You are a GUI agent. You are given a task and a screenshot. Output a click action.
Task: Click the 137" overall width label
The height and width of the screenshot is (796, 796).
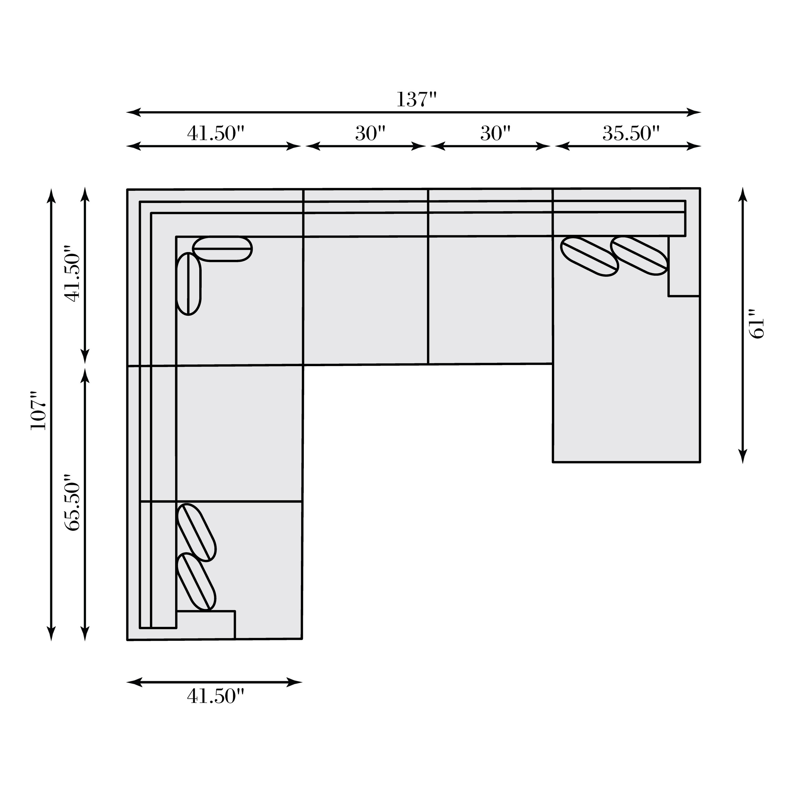[416, 99]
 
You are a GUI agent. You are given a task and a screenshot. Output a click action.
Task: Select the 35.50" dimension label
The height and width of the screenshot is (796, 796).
[631, 133]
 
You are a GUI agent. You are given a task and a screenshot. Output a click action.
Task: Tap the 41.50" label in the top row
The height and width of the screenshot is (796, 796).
[215, 133]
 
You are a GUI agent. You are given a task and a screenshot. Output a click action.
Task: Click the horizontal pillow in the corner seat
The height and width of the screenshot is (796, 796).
[223, 249]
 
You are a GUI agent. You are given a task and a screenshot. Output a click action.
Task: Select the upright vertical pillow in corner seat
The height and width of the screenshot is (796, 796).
[188, 283]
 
